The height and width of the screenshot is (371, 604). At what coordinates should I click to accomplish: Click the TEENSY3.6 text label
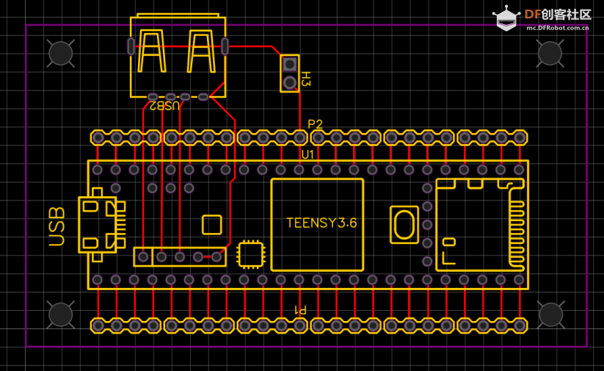point(321,223)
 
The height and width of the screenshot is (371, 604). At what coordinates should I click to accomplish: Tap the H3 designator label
point(305,79)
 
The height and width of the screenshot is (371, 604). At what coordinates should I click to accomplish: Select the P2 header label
point(315,124)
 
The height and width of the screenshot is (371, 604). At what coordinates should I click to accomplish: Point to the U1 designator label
point(308,155)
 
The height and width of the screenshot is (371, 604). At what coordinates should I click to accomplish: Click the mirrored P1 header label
point(300,310)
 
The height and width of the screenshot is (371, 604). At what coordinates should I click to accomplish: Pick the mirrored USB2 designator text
point(164,106)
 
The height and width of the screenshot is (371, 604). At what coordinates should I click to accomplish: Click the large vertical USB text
point(57,226)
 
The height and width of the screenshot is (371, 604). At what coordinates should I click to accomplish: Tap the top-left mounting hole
point(61,54)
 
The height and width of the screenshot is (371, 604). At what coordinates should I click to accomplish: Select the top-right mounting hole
point(550,53)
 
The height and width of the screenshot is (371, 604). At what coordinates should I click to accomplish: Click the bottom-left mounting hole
point(61,314)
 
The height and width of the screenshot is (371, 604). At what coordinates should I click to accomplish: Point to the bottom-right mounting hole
point(550,314)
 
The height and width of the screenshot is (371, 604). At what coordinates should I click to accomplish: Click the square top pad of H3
point(290,64)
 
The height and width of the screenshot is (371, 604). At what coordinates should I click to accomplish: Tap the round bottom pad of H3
point(290,82)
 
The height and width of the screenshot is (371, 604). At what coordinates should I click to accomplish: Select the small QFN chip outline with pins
point(251,254)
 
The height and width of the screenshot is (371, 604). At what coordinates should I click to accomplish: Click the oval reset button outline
point(404,225)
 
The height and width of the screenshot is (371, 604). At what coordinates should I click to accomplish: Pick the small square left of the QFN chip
point(212,225)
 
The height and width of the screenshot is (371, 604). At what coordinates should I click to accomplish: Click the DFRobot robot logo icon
point(506,18)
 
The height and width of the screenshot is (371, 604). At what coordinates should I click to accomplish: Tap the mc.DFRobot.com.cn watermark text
point(557,28)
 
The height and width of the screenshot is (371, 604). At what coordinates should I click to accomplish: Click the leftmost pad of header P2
point(98,137)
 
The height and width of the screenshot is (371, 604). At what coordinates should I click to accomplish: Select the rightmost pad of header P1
point(520,326)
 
